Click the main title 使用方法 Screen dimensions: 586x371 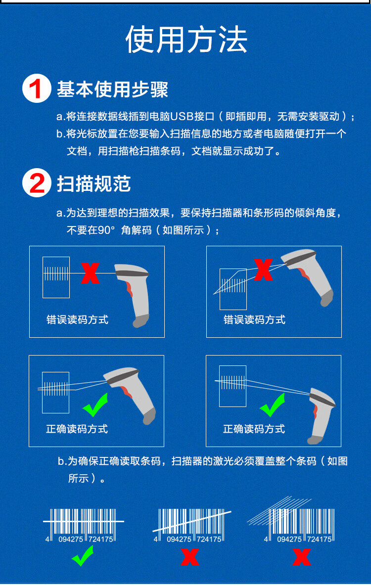186,40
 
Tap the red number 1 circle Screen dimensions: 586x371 37,90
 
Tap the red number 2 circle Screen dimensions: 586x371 37,183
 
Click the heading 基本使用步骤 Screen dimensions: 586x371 112,90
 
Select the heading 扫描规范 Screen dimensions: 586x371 93,183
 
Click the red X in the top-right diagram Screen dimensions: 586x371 263,270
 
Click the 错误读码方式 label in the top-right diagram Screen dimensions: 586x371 254,319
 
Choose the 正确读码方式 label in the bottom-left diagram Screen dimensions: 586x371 77,429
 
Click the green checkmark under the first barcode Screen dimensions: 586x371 83,557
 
